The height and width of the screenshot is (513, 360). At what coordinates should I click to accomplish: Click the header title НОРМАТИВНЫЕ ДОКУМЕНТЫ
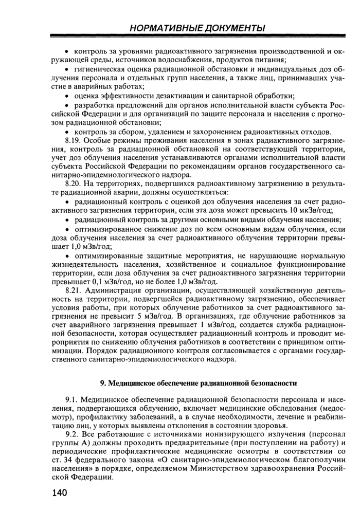point(198,27)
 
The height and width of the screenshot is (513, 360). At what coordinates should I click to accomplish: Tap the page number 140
point(60,493)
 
